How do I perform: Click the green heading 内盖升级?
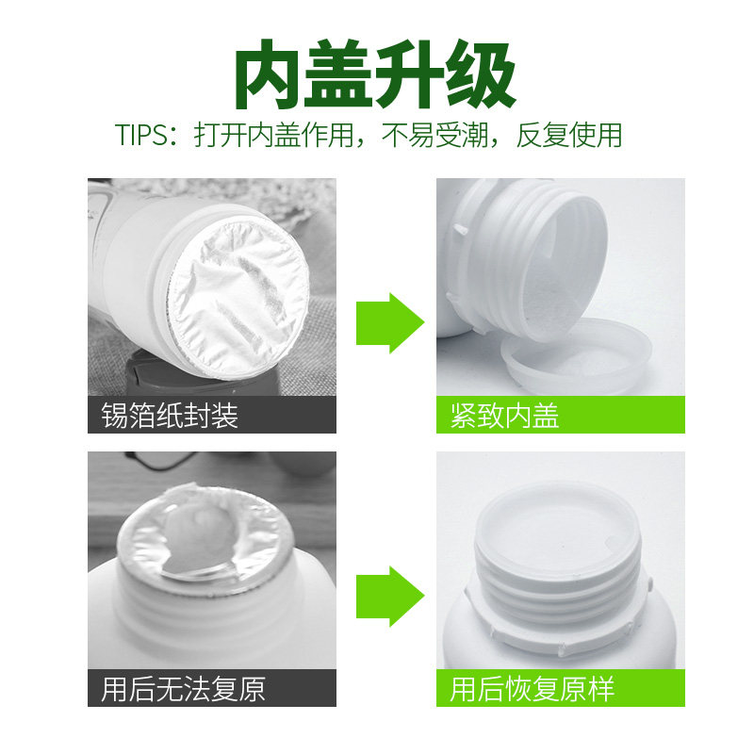[x=375, y=74]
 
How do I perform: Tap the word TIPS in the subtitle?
[x=141, y=135]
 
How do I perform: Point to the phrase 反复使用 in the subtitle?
[x=569, y=135]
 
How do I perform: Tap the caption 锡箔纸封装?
[x=170, y=415]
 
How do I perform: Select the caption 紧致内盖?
[x=505, y=415]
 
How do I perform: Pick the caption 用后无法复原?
[x=183, y=689]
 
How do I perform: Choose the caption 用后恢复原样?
[x=533, y=689]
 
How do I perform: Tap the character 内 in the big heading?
[x=270, y=74]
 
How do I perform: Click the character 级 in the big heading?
[x=482, y=74]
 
